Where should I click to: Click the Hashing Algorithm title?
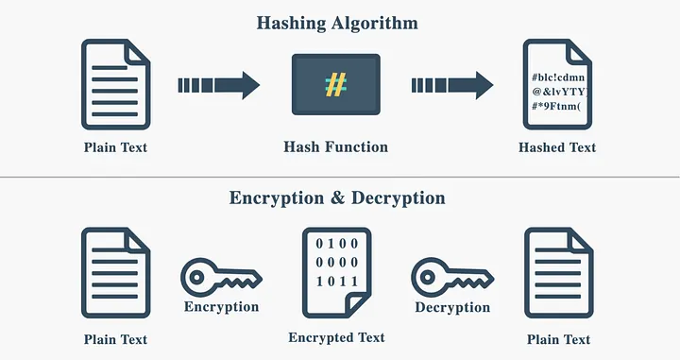337,23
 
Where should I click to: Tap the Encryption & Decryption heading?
337,198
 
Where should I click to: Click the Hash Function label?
335,147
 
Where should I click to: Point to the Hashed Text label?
557,147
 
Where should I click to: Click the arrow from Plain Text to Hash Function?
218,85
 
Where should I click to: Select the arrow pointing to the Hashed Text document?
451,85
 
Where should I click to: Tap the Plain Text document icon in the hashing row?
115,84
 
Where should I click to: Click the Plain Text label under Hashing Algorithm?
115,147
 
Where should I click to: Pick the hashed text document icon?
557,84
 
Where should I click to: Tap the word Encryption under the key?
221,307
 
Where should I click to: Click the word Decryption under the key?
452,307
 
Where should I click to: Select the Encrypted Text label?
336,337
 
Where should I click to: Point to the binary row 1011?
335,282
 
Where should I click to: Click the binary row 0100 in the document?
335,244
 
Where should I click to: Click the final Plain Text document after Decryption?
557,274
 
